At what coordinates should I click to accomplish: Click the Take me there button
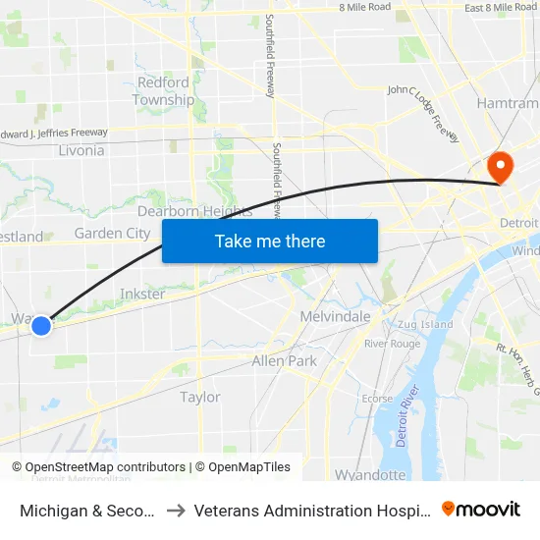click(x=270, y=242)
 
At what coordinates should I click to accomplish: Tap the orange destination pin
click(x=500, y=166)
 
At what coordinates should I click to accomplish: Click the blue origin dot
click(x=41, y=325)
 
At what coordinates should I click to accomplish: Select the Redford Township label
click(x=164, y=91)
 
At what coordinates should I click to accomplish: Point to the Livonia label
click(x=81, y=150)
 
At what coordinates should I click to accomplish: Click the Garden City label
click(x=112, y=234)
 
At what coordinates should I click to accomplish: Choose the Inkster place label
click(x=141, y=294)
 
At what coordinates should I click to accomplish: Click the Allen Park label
click(x=284, y=361)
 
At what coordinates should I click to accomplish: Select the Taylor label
click(x=200, y=398)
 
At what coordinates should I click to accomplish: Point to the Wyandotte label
click(x=370, y=475)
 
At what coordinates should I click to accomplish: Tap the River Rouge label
click(x=392, y=344)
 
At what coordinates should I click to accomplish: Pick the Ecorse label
click(x=377, y=399)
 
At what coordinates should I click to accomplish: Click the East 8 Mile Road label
click(x=501, y=8)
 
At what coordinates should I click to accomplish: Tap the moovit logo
click(x=480, y=510)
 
